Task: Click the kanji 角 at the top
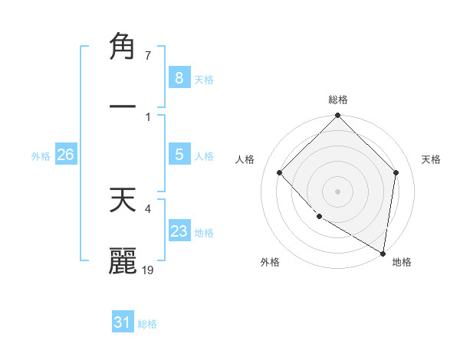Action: click(x=123, y=47)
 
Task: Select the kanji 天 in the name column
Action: click(x=123, y=201)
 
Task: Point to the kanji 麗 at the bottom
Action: click(x=123, y=260)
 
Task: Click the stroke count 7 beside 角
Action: click(x=147, y=56)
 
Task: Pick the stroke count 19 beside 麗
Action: click(x=148, y=270)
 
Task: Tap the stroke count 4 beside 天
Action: click(x=147, y=207)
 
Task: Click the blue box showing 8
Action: click(x=179, y=77)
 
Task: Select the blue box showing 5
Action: click(x=179, y=155)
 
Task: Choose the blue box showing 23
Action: click(x=179, y=231)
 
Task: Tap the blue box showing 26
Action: click(x=65, y=155)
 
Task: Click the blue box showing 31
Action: click(x=122, y=322)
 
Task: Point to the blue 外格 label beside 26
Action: click(x=41, y=156)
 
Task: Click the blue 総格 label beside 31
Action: click(x=147, y=324)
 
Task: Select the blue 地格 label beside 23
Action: click(x=204, y=233)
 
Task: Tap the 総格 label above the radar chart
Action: click(x=337, y=100)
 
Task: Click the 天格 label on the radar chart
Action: click(x=431, y=159)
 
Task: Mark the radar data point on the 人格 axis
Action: click(x=280, y=172)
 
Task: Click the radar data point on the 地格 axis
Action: click(x=383, y=253)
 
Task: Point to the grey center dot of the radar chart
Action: click(x=337, y=191)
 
